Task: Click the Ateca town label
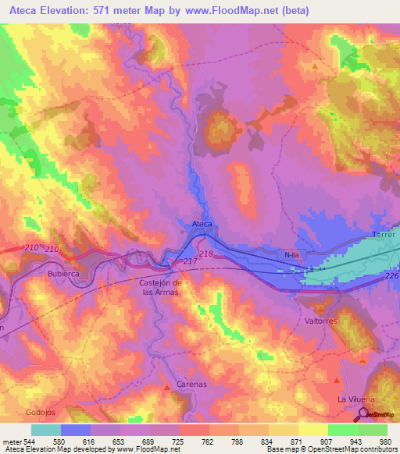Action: click(x=202, y=224)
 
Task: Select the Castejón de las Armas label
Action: click(x=159, y=286)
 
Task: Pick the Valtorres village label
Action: click(x=320, y=320)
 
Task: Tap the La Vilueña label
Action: click(x=352, y=399)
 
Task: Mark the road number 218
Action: click(x=206, y=254)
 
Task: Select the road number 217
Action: click(x=189, y=261)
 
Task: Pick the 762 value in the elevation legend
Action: click(x=194, y=441)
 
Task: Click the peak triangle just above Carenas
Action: click(x=166, y=387)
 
